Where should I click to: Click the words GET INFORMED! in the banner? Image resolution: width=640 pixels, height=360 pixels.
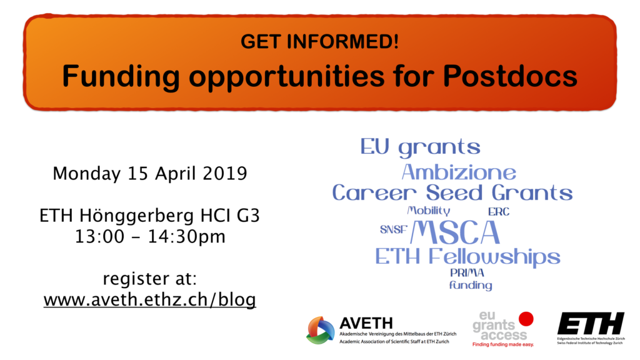(x=319, y=42)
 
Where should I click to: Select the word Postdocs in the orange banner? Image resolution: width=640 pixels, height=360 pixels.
(x=510, y=76)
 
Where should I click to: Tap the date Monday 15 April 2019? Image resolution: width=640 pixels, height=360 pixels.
(x=150, y=174)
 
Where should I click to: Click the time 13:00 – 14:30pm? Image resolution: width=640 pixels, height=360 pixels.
(x=150, y=237)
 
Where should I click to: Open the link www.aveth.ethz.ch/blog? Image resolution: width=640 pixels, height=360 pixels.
(x=150, y=300)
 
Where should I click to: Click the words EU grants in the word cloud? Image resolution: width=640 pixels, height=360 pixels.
(x=420, y=147)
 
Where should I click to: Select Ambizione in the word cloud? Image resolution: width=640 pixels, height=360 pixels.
(x=459, y=172)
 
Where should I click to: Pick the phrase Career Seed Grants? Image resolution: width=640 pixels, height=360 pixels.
(x=452, y=192)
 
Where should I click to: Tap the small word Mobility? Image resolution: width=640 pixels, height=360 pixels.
(x=429, y=211)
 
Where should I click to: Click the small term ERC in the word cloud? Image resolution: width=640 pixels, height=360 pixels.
(x=499, y=212)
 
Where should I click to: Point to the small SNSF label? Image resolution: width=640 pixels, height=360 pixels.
(x=394, y=230)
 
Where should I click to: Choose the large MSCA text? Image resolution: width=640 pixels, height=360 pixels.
(x=455, y=232)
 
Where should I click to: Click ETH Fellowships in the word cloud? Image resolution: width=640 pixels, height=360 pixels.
(x=467, y=257)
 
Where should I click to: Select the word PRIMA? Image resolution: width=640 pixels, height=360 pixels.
(x=467, y=272)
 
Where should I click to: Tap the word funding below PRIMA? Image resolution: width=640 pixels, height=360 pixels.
(x=471, y=285)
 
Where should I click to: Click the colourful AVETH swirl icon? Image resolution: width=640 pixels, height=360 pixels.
(x=321, y=330)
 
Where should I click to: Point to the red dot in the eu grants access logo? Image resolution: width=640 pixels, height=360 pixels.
(x=526, y=319)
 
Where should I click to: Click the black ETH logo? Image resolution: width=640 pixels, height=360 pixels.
(x=591, y=323)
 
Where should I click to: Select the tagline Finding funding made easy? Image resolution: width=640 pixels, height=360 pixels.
(x=503, y=344)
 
